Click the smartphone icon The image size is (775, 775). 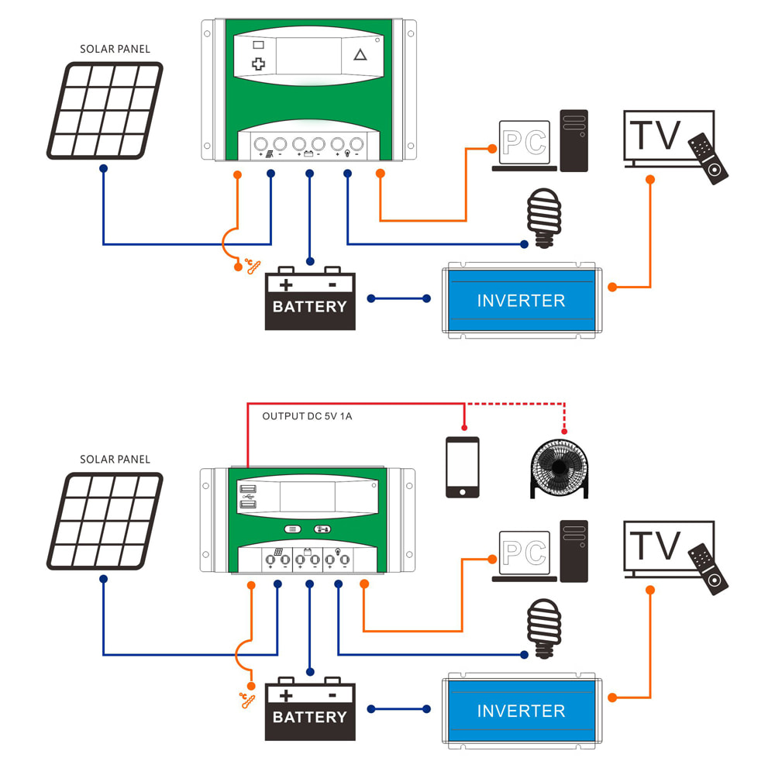pos(462,467)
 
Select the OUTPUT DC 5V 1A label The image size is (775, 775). pos(307,416)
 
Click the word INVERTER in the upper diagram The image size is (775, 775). pos(521,301)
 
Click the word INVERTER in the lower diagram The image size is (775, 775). pos(521,711)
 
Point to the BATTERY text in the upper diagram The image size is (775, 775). pos(310,307)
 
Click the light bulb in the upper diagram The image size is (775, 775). pos(543,218)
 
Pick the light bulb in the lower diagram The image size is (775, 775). pos(543,629)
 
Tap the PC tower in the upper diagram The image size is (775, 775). pos(574,140)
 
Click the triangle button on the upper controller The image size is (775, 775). pos(360,55)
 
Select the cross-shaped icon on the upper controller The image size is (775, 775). pos(259,64)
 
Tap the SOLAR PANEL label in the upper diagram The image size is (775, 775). pos(115,49)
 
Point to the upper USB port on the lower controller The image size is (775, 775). pos(249,490)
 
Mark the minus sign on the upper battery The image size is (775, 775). pos(332,284)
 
